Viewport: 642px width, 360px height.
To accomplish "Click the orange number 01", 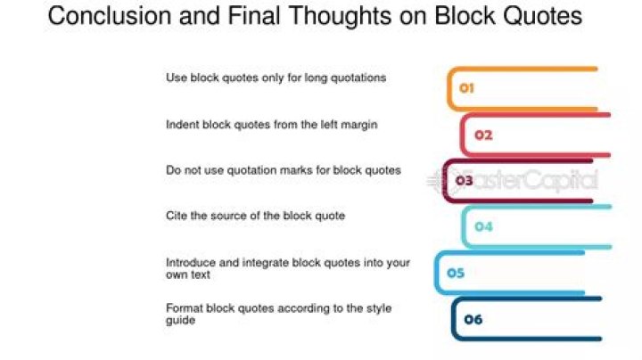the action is coord(466,88).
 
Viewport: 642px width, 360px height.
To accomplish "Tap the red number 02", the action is coord(483,135).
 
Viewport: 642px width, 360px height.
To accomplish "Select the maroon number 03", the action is coord(465,180).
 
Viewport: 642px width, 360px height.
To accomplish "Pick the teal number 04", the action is coord(483,226).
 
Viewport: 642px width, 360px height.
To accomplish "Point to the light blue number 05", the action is coord(456,273).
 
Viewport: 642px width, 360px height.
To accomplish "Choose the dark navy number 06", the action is coord(473,319).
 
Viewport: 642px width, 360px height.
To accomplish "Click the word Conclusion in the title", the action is coord(110,16).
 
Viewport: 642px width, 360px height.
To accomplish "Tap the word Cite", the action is coord(177,216).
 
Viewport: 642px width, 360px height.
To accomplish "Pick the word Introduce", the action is coord(191,262).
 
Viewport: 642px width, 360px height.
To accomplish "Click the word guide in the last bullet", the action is coord(180,320).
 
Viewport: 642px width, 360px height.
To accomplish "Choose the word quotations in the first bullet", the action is coord(358,78).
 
